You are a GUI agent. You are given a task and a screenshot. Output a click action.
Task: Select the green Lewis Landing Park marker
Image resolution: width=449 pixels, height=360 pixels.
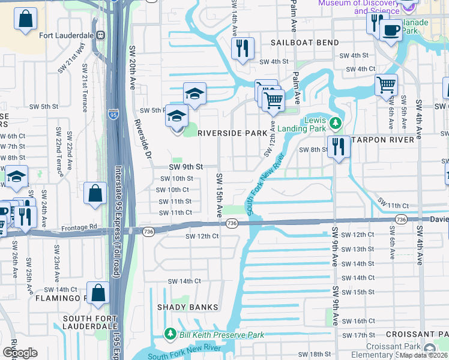tap(335, 124)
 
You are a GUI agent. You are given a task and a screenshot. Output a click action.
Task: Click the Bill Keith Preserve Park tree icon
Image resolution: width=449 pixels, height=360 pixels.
tap(170, 334)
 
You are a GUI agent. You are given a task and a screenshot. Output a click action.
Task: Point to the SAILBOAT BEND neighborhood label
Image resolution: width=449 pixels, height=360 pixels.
tap(304, 43)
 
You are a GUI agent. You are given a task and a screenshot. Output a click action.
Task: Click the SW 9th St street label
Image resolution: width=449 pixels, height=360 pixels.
tap(185, 167)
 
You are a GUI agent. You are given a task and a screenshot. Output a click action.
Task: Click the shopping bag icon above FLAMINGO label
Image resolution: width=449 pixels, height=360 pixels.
tap(99, 292)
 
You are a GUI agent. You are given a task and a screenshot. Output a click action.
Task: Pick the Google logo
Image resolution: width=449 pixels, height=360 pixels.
tap(20, 353)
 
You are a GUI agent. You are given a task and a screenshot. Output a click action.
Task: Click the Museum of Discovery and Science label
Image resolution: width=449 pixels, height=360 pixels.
tap(359, 7)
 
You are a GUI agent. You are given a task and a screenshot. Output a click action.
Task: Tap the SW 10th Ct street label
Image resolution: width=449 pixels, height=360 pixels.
tap(173, 190)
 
